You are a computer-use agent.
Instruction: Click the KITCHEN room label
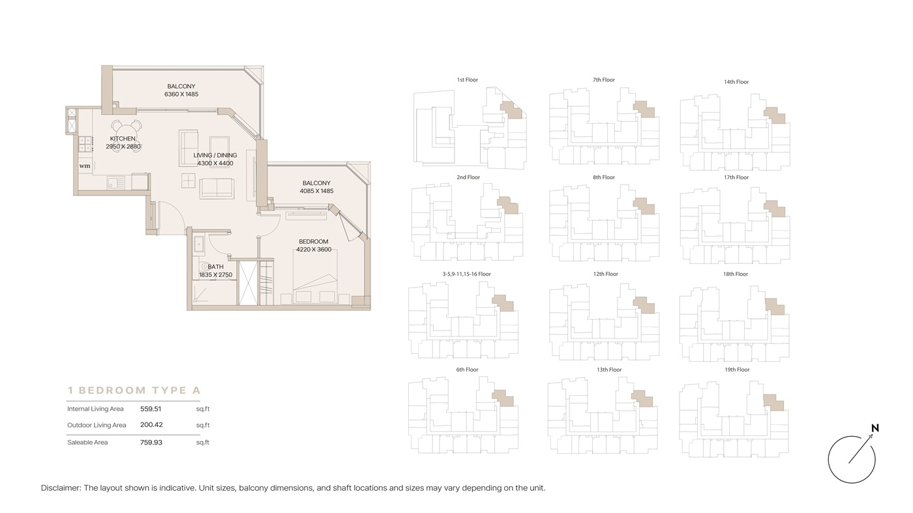coord(123,139)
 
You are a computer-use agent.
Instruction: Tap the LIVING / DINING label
coord(215,155)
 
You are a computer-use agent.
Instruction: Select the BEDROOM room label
coord(314,242)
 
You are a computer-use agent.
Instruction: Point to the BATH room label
coord(216,267)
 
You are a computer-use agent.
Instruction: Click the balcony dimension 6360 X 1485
coord(181,94)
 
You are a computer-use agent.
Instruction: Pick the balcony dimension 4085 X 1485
coord(317,191)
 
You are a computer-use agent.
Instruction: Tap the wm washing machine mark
coord(85,166)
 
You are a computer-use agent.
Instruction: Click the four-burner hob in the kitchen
coord(85,145)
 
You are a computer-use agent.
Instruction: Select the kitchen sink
coord(116,183)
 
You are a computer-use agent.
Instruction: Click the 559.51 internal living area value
coord(151,409)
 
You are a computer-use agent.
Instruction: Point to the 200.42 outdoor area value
coord(151,424)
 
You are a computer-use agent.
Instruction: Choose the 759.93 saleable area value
coord(151,442)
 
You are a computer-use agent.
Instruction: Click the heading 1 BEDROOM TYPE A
coord(134,390)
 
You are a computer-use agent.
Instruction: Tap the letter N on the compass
coord(875,428)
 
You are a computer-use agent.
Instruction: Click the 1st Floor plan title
coord(468,80)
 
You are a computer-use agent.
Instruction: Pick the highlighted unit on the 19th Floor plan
coord(773,403)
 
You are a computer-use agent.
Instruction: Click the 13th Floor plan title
coord(609,370)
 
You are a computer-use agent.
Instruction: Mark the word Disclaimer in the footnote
coord(61,488)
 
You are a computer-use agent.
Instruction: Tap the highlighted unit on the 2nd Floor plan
coord(508,205)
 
